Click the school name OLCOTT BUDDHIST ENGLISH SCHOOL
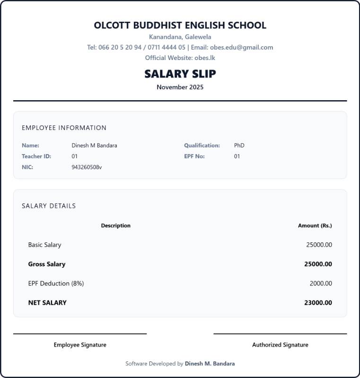180,25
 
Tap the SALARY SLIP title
180,74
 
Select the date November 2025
180,87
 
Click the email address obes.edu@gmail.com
241,47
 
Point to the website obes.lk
205,58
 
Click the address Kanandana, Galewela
180,37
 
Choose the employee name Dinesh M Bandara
94,146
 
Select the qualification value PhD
239,146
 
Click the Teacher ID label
36,156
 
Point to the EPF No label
194,156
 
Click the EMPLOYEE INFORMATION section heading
64,128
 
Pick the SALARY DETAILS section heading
49,206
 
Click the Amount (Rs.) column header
315,225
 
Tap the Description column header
115,225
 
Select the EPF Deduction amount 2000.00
321,283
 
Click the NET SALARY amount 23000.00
318,303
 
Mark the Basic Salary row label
44,245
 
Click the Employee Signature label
80,345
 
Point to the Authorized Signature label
280,345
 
